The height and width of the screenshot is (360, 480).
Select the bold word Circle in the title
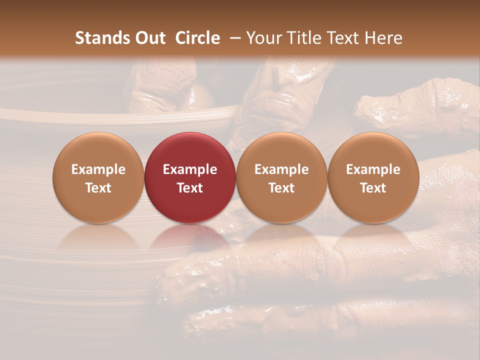point(197,38)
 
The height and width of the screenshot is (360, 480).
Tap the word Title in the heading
point(305,38)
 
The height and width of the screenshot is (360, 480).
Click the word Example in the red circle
point(189,169)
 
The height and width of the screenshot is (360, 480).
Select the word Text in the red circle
point(189,188)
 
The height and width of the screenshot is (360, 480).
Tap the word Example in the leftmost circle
point(98,169)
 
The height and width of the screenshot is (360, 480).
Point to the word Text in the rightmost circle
point(373,188)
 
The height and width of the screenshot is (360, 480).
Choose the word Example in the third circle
point(281,169)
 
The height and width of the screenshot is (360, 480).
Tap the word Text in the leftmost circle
point(98,188)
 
